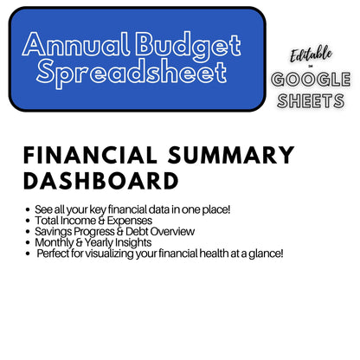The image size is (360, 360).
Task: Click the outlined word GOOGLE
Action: click(312, 80)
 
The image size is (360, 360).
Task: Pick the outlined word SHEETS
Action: click(312, 100)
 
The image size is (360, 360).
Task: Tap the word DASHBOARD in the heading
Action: click(100, 181)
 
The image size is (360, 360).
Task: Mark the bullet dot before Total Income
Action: click(28, 221)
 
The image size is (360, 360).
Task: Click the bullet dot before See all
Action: click(28, 210)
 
